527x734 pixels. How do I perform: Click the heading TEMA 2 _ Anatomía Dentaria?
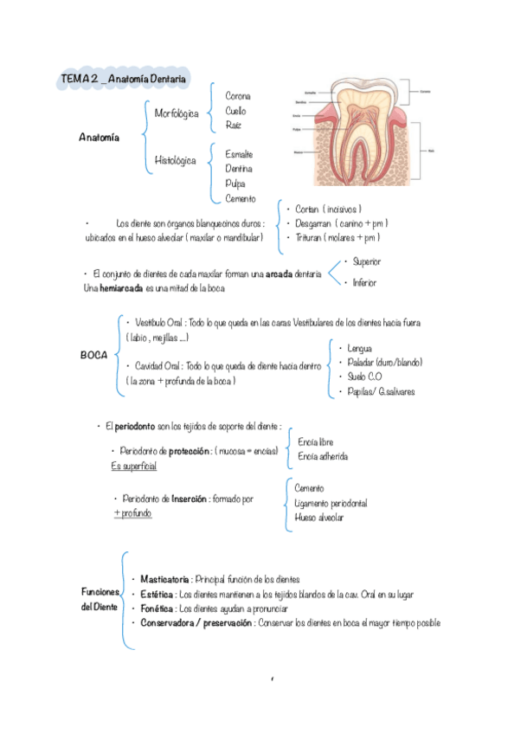[122, 79]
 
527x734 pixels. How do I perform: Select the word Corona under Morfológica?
[238, 95]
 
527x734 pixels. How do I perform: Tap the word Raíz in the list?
[234, 126]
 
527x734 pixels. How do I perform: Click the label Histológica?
[175, 160]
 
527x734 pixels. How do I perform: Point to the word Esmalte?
[239, 154]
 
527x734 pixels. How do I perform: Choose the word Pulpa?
[235, 183]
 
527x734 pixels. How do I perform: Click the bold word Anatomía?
[100, 137]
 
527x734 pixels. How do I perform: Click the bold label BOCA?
[93, 356]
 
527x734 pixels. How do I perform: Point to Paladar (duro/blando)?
[383, 362]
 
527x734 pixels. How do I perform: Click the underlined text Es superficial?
[134, 466]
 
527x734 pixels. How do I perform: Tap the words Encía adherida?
[323, 456]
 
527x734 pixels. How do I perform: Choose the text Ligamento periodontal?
[331, 503]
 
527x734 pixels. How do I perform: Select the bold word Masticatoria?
[165, 579]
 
